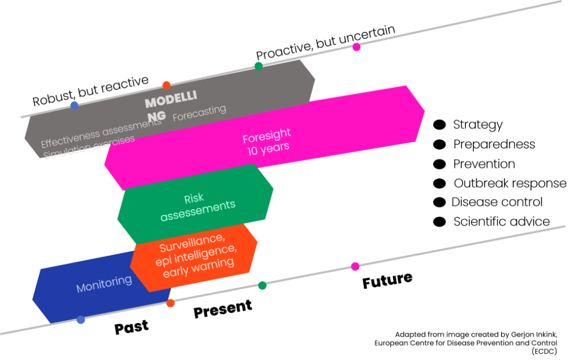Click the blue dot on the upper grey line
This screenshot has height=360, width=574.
click(75, 105)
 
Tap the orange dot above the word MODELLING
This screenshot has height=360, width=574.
click(166, 85)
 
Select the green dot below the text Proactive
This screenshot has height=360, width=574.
click(258, 66)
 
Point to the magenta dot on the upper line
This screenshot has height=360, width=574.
click(356, 47)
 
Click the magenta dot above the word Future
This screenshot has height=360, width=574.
click(355, 266)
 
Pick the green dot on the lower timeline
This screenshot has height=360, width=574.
click(262, 285)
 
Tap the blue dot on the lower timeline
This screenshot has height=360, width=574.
click(81, 320)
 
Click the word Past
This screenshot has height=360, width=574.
click(131, 327)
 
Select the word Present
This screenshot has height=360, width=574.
click(223, 309)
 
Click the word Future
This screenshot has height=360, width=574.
click(387, 280)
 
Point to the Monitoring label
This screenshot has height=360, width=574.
click(104, 284)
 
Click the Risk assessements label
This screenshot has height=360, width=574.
click(198, 207)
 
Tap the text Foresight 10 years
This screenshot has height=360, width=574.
click(267, 142)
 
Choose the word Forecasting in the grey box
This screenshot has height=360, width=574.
click(200, 113)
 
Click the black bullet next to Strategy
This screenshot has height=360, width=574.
click(439, 125)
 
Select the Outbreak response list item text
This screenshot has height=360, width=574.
click(510, 183)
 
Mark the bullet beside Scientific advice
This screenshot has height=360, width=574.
click(439, 221)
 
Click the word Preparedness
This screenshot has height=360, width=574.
click(494, 144)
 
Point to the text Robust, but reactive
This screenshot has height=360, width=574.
click(90, 91)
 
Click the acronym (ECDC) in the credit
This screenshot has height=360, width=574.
click(544, 352)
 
